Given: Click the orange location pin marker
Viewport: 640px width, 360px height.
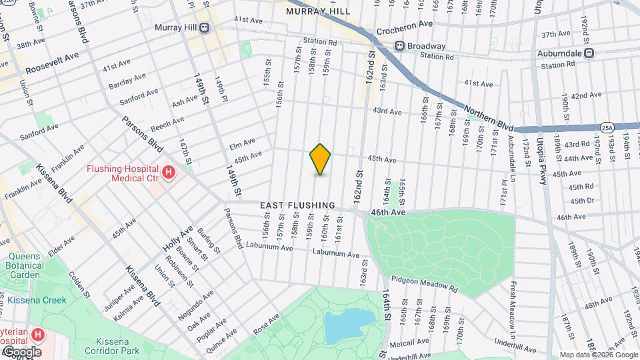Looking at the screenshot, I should pyautogui.click(x=320, y=159).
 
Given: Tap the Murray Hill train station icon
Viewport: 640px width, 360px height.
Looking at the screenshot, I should pyautogui.click(x=204, y=28).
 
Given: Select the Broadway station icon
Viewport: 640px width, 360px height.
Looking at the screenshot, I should pyautogui.click(x=399, y=46).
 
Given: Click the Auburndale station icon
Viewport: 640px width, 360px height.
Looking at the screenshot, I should pyautogui.click(x=589, y=53).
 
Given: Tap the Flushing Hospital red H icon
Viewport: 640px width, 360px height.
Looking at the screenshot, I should pyautogui.click(x=169, y=173).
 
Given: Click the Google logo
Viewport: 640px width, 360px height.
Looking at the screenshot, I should pyautogui.click(x=22, y=352).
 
